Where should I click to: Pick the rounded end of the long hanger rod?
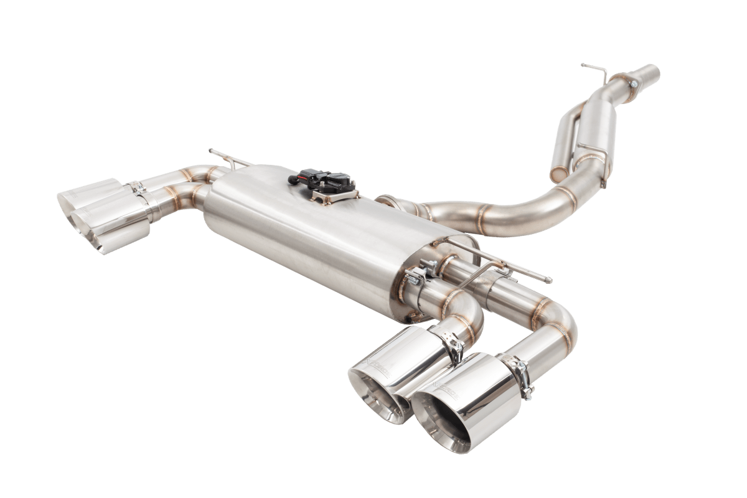548,281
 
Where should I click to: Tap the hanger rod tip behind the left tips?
212,151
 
